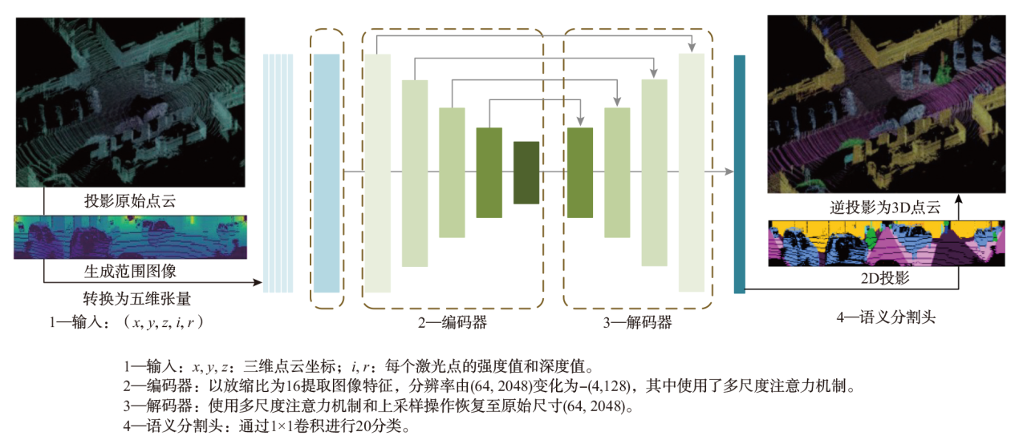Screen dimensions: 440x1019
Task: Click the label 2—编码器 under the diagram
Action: pyautogui.click(x=452, y=322)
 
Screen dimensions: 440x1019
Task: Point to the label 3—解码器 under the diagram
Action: pyautogui.click(x=637, y=323)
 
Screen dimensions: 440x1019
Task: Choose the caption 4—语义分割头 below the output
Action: pyautogui.click(x=886, y=317)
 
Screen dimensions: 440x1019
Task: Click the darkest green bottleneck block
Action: pyautogui.click(x=526, y=172)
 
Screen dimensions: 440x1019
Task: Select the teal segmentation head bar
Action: pyautogui.click(x=740, y=172)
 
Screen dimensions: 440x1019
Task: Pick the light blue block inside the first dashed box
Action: pyautogui.click(x=327, y=173)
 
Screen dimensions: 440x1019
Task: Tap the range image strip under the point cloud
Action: pyautogui.click(x=130, y=236)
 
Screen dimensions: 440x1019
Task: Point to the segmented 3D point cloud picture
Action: pyautogui.click(x=886, y=104)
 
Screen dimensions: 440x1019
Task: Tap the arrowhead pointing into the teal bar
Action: pyautogui.click(x=729, y=172)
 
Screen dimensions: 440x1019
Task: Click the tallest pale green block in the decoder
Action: pyautogui.click(x=692, y=172)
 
